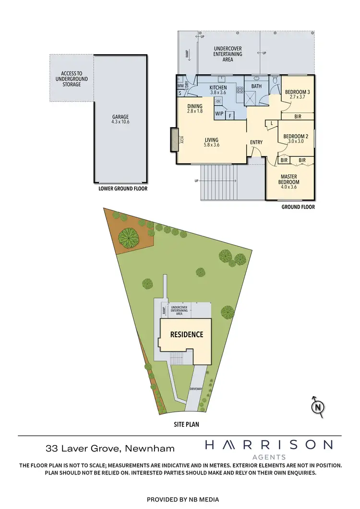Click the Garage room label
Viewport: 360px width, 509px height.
point(121,119)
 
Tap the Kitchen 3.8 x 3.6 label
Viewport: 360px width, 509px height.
point(218,90)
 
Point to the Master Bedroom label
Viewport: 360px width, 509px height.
point(289,180)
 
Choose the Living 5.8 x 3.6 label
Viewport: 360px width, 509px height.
point(212,142)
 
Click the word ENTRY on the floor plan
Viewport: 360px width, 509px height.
point(256,142)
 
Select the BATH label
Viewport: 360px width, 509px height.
point(256,87)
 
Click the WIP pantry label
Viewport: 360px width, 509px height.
point(219,114)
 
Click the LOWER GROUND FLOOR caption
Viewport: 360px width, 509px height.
point(123,189)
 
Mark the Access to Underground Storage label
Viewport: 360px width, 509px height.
point(68,79)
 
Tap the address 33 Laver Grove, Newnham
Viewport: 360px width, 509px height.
point(110,449)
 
